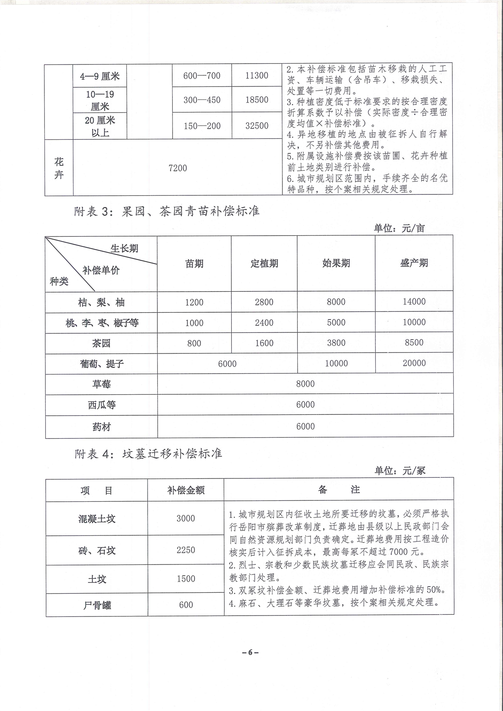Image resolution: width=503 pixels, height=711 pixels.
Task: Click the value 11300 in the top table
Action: coord(256,75)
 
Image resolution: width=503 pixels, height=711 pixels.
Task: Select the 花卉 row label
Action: coord(59,168)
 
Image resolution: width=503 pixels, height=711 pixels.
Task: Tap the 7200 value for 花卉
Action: coord(178,168)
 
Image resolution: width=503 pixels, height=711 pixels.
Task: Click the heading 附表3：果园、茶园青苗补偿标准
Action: coord(167,211)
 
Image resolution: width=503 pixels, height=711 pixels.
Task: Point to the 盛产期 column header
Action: coord(414,263)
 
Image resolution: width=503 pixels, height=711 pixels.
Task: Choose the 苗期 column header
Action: coord(194,263)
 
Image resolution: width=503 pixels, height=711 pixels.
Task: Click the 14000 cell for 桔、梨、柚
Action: coord(414,302)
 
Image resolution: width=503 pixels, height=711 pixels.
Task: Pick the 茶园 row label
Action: coord(101,343)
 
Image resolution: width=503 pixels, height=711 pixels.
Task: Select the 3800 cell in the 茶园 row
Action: coord(336,343)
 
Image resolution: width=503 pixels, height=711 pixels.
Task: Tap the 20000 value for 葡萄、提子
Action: coord(414,363)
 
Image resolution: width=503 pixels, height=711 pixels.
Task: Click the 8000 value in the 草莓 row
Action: coord(305,384)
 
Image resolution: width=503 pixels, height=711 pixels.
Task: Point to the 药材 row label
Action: coord(101,427)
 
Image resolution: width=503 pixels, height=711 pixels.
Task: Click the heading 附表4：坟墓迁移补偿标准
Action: coord(148,453)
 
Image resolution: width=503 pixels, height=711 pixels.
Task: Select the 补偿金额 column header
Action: coord(186,490)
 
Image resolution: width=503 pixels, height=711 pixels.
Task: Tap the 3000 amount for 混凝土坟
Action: coord(186,518)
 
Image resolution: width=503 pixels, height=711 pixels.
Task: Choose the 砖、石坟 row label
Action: coord(97,550)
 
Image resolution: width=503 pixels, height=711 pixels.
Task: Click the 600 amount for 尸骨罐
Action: coord(186,605)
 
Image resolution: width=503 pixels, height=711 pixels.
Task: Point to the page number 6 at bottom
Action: coord(251,652)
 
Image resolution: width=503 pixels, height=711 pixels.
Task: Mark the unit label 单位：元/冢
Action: coord(400,470)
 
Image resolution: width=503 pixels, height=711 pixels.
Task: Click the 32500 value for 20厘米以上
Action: coord(256,126)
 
